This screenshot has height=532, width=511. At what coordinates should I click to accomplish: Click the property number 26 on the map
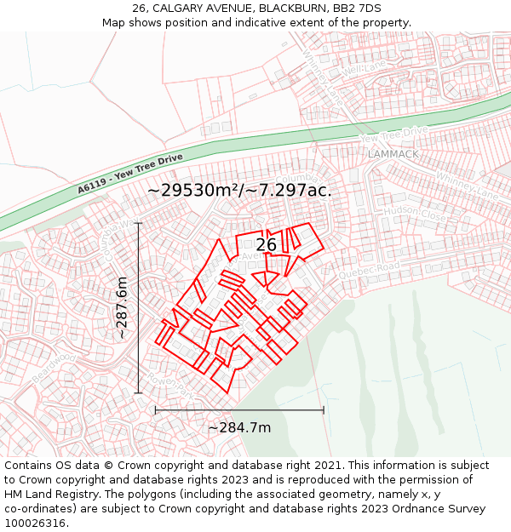(266, 244)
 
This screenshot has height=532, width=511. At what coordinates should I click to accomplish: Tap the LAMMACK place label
(393, 154)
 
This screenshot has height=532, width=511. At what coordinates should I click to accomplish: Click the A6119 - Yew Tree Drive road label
(129, 174)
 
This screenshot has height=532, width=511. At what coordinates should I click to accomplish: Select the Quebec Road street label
(369, 270)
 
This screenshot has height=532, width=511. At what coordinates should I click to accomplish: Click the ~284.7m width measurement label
(239, 427)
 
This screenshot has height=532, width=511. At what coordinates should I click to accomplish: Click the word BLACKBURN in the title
(289, 9)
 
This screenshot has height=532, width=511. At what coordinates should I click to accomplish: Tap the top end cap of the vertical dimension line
(138, 223)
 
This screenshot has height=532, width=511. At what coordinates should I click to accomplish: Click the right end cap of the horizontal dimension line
(324, 410)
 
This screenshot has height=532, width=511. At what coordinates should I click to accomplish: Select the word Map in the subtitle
(116, 23)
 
